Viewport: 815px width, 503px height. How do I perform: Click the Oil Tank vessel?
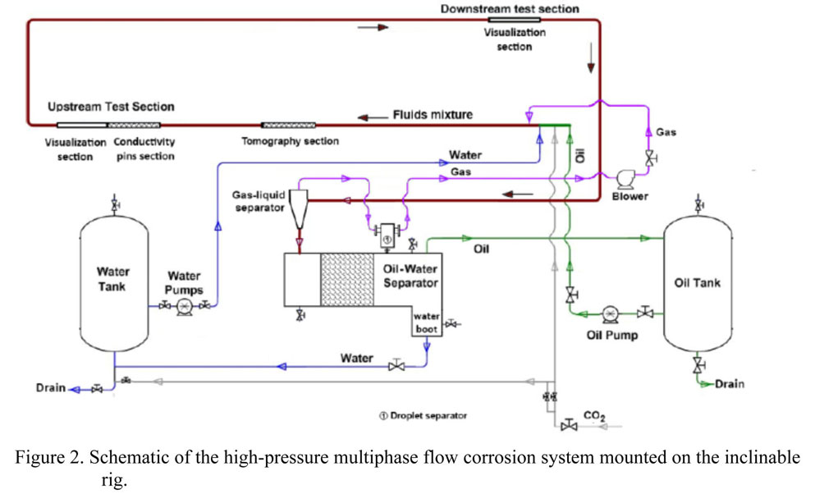pyautogui.click(x=697, y=283)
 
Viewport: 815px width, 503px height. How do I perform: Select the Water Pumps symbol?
pyautogui.click(x=184, y=305)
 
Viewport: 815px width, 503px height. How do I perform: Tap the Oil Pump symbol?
pyautogui.click(x=610, y=313)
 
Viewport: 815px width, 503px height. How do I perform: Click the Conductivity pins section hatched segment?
pyautogui.click(x=135, y=125)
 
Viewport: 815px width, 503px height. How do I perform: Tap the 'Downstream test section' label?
pyautogui.click(x=509, y=9)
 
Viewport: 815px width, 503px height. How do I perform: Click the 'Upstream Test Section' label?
pyautogui.click(x=110, y=107)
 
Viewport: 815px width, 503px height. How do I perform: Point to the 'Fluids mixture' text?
pyautogui.click(x=433, y=114)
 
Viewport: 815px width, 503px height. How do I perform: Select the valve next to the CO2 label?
pyautogui.click(x=568, y=425)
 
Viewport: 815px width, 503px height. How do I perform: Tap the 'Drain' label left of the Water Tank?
pyautogui.click(x=50, y=388)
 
